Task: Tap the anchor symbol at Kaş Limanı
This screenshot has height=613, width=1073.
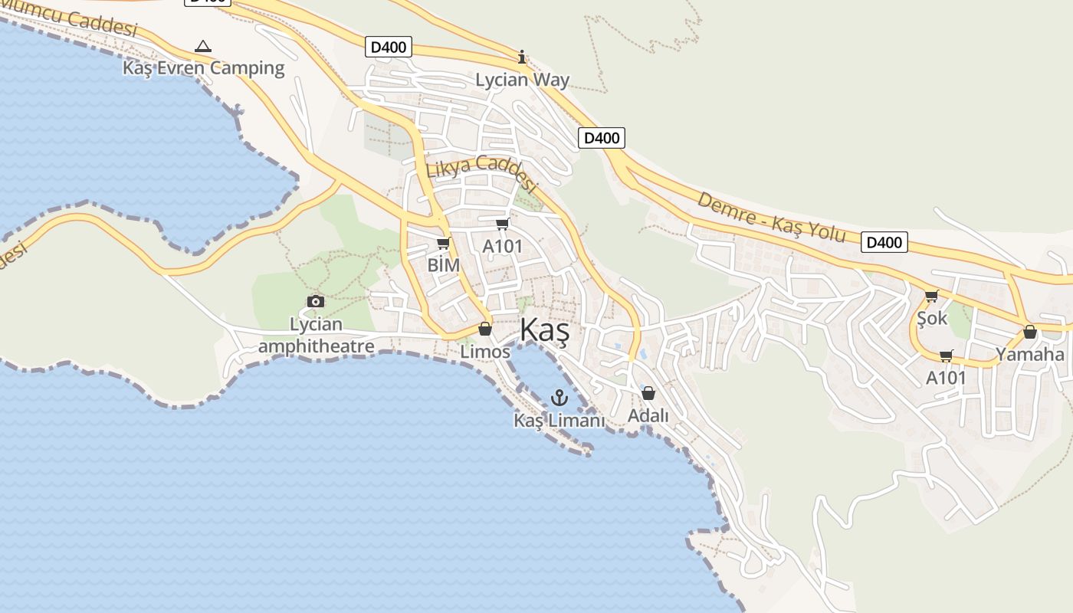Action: point(559,397)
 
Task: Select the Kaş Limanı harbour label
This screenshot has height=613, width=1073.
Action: point(559,421)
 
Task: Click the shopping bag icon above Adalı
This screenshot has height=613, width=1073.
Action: point(648,393)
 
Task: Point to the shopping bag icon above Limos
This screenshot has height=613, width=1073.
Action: point(484,329)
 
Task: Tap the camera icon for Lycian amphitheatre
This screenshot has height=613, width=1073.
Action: point(315,301)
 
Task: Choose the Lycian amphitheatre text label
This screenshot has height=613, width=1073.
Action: point(316,336)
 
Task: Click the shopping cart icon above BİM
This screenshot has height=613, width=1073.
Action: point(443,244)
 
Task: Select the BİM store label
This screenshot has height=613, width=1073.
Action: point(444,265)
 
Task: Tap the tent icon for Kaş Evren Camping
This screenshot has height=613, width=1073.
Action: point(203,47)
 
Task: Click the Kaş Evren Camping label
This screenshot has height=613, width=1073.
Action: point(204,68)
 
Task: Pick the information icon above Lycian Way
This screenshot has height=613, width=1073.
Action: point(522,57)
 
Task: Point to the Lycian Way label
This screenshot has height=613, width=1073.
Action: point(523,80)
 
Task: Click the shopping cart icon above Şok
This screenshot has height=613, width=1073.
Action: point(932,296)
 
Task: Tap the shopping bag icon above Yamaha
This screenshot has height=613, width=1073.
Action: point(1030,332)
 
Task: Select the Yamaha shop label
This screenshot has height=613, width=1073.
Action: point(1030,354)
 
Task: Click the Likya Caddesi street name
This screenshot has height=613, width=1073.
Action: point(482,173)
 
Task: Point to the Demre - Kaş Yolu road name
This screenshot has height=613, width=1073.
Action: point(772,218)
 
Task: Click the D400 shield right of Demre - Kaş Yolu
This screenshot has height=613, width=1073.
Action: point(884,242)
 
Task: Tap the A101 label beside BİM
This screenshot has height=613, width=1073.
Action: point(502,246)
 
